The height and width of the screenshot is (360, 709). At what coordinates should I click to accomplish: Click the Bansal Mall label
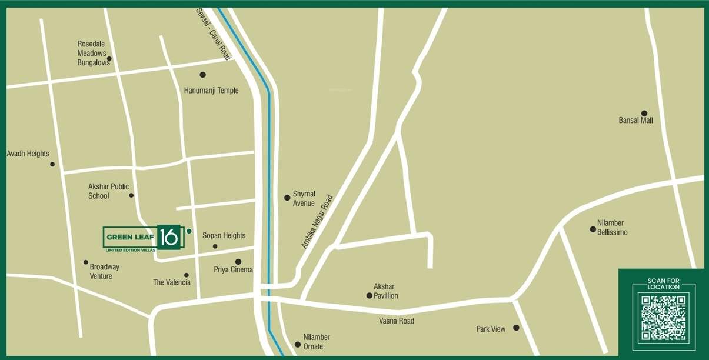(635, 121)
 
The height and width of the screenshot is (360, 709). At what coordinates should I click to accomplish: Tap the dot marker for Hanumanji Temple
(203, 75)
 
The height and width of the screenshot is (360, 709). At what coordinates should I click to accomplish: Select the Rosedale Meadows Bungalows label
(92, 53)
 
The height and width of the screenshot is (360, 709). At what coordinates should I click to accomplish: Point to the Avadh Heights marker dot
(52, 164)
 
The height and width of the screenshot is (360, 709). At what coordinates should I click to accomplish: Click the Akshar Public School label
(108, 191)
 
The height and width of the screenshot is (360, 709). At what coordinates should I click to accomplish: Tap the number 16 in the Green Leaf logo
(168, 236)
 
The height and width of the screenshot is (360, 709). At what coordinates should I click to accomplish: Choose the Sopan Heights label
(224, 235)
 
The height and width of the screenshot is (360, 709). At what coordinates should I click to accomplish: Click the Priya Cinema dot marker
(238, 262)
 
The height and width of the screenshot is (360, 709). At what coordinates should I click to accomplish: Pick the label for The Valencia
(172, 282)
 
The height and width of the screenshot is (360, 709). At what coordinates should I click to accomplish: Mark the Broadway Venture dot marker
(86, 262)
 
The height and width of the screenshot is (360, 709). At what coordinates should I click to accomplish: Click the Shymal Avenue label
(304, 199)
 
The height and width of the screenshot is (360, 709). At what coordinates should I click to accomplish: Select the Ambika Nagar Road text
(317, 222)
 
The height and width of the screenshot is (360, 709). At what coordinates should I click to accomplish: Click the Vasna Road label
(397, 321)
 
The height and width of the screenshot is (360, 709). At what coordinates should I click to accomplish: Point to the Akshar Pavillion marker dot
(370, 296)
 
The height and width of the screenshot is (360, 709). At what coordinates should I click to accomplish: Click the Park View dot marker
(516, 328)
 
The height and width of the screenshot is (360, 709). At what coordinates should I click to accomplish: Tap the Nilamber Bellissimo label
(612, 228)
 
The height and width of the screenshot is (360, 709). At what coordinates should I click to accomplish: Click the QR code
(663, 318)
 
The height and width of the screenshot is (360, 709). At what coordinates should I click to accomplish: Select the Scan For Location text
(663, 284)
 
